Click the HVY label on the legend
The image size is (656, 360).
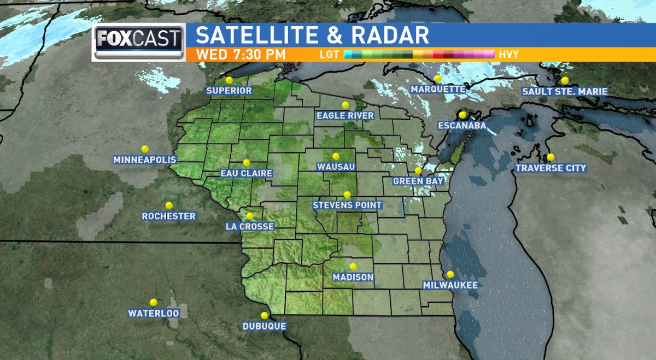tap(508, 55)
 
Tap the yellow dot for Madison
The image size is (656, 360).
tap(353, 267)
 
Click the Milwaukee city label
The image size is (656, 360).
tap(450, 285)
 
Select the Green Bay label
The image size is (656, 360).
tap(418, 181)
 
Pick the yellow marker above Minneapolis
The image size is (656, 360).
tap(145, 149)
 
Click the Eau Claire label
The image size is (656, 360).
tap(246, 173)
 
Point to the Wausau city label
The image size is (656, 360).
tap(336, 167)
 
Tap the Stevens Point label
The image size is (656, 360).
tap(347, 205)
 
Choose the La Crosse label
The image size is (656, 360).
tap(249, 226)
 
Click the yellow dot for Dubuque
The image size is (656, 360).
tap(265, 315)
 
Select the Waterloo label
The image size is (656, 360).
tap(153, 313)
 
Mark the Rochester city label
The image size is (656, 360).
tap(168, 216)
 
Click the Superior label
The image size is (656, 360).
tap(229, 91)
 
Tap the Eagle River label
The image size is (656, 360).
tap(345, 115)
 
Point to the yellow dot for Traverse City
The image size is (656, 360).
tap(550, 157)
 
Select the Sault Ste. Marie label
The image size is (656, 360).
tap(565, 91)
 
